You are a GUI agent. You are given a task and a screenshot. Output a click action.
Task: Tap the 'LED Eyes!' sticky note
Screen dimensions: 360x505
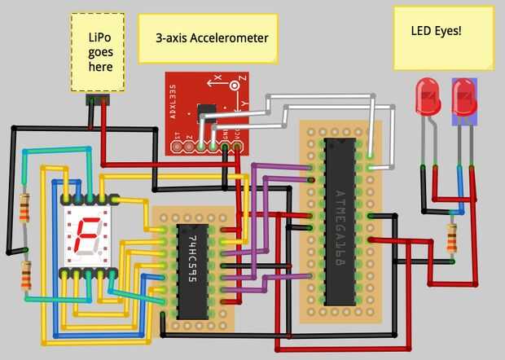443,37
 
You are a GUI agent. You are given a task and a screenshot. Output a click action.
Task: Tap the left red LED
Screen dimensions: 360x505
426,97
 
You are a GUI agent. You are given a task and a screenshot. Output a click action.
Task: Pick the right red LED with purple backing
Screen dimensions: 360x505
463,99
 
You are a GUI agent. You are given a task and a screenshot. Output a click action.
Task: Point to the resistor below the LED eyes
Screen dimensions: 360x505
452,239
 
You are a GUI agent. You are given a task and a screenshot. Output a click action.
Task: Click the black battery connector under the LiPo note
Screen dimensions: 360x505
99,100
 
